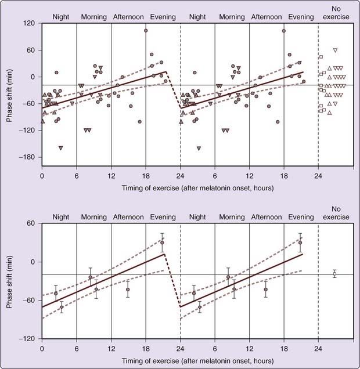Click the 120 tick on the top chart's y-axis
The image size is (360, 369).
(x=29, y=23)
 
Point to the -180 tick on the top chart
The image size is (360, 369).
(x=28, y=157)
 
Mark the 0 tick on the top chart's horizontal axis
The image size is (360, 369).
(x=42, y=175)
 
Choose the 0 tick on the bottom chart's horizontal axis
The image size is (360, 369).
(x=42, y=350)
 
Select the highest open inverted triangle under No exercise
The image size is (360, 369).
(x=335, y=50)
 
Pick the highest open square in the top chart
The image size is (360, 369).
(x=321, y=57)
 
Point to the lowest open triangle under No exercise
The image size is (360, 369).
(x=330, y=113)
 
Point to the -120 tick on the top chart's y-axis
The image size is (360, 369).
(x=28, y=131)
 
